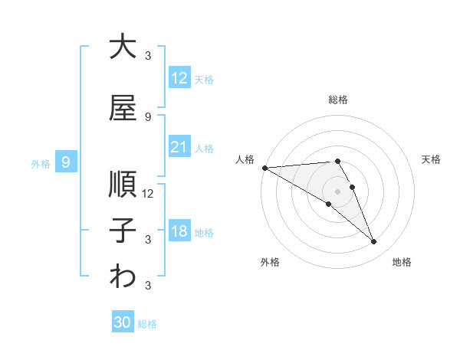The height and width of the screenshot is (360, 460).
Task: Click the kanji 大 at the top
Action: (123, 47)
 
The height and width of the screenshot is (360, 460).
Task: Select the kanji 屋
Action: (123, 110)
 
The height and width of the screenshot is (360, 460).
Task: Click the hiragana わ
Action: (123, 277)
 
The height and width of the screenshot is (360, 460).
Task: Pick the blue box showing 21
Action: (179, 147)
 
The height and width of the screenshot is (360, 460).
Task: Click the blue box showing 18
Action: (179, 231)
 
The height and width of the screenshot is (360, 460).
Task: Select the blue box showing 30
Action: (123, 322)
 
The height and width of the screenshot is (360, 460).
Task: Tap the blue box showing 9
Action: (66, 162)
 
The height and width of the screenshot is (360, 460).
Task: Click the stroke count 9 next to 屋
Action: (147, 117)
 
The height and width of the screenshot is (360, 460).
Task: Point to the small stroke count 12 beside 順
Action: (148, 193)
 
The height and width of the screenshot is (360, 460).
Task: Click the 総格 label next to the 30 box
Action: (147, 324)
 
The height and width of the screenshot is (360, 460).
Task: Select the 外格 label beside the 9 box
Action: (40, 163)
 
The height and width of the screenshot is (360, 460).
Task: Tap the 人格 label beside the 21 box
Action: (204, 148)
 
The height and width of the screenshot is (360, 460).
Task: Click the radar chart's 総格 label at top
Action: (338, 100)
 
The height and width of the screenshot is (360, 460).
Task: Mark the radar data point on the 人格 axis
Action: (264, 167)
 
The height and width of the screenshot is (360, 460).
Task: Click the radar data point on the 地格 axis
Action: (374, 242)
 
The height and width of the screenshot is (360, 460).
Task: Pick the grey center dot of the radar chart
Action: (338, 191)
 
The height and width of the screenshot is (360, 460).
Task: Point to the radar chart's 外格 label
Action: (270, 262)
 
